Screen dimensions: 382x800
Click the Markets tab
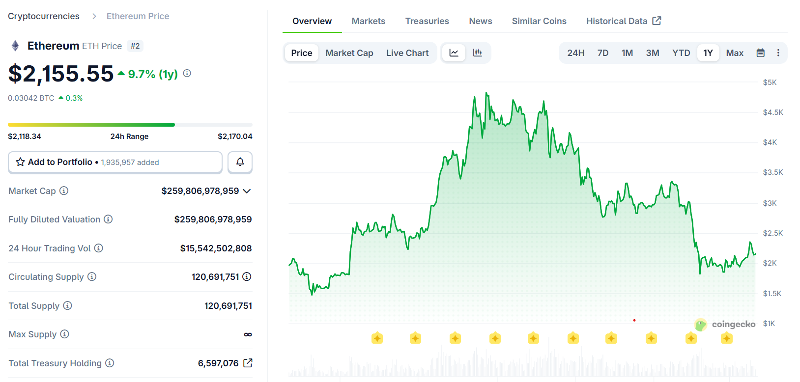368,21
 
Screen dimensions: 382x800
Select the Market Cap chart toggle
349,53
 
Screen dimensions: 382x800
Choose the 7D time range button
602,53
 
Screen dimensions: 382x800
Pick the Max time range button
734,53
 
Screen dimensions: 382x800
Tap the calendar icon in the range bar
760,53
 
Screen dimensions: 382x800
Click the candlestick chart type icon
477,53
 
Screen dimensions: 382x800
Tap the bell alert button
240,162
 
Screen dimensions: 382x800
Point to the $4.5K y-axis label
772,112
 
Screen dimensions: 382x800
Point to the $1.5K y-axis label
771,294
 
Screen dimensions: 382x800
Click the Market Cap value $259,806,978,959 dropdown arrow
247,191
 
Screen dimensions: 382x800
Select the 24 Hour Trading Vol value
216,248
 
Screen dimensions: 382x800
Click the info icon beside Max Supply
64,334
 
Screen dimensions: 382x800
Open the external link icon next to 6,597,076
248,363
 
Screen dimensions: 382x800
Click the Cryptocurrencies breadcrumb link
44,16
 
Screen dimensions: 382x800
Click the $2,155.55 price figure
61,74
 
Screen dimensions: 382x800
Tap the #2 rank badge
135,46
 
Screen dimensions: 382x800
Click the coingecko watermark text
733,324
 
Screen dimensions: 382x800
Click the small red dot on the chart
634,320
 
